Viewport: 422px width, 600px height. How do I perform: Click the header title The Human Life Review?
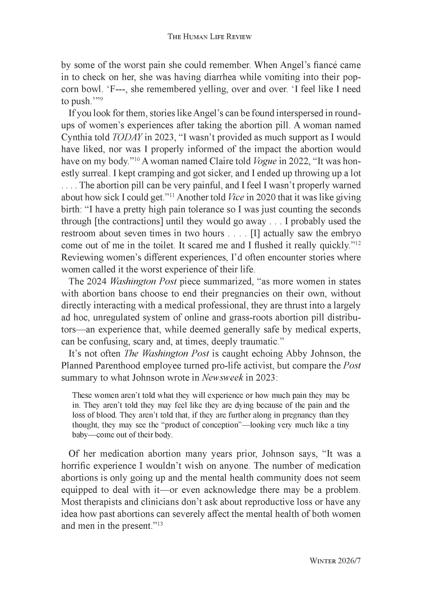click(209, 37)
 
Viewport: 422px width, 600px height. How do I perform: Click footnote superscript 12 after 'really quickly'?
click(358, 243)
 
